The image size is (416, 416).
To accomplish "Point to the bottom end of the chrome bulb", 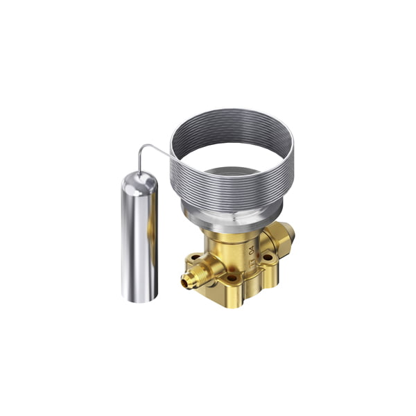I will coord(139,296).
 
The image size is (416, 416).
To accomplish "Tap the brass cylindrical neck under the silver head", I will coord(222,243).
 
